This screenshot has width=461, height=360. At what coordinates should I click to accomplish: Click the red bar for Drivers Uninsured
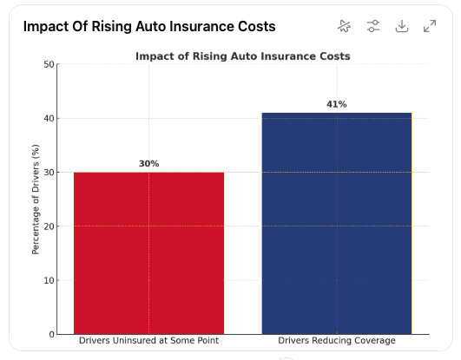pos(148,253)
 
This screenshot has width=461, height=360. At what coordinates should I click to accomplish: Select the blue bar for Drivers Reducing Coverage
pos(337,223)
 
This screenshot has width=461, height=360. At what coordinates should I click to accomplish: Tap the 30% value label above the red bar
pos(148,164)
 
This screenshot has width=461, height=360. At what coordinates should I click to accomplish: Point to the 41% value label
pos(337,104)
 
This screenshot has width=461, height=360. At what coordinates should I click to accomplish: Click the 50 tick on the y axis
pos(49,64)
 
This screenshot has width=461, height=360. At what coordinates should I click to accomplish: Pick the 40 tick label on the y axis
pos(49,119)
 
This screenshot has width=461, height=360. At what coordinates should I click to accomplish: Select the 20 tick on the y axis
pos(49,226)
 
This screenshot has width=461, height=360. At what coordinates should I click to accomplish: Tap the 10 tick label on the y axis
pos(49,280)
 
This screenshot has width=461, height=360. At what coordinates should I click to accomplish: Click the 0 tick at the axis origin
pos(52,335)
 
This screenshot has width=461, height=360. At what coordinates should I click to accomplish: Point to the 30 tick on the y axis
pos(49,173)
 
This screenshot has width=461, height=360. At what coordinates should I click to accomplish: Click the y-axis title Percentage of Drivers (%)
pos(36,200)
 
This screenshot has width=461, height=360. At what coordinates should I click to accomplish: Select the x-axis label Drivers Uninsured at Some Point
pos(148,341)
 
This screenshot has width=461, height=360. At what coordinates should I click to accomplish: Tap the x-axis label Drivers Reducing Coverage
pos(337,341)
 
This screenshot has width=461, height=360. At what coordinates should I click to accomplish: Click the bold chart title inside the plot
pos(243,56)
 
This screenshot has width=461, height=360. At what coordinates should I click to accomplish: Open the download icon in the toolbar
pos(402,26)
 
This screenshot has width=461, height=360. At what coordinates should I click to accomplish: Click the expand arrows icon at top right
pos(430,26)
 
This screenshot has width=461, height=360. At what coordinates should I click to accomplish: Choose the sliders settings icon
pos(373,26)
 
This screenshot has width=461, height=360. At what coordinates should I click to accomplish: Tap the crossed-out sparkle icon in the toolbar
pos(345,26)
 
